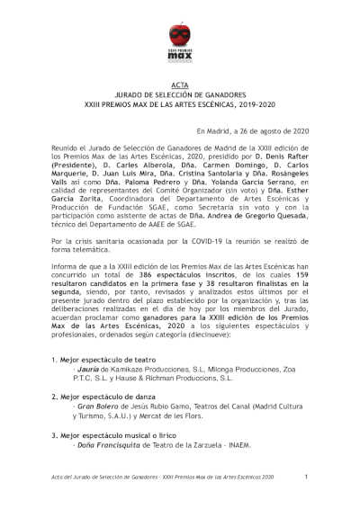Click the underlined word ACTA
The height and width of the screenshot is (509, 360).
click(x=180, y=84)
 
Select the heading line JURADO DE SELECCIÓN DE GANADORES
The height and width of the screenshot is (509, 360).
click(x=180, y=94)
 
